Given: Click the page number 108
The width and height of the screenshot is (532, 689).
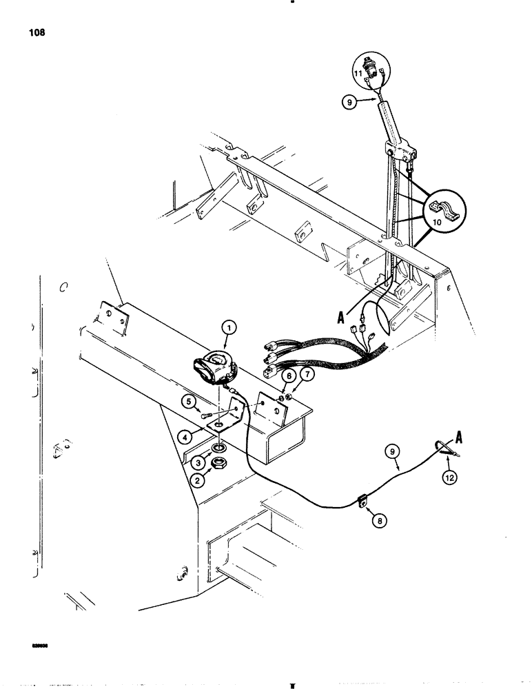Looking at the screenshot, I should [x=37, y=32].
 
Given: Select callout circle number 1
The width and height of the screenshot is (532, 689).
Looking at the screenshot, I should [x=229, y=328].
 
